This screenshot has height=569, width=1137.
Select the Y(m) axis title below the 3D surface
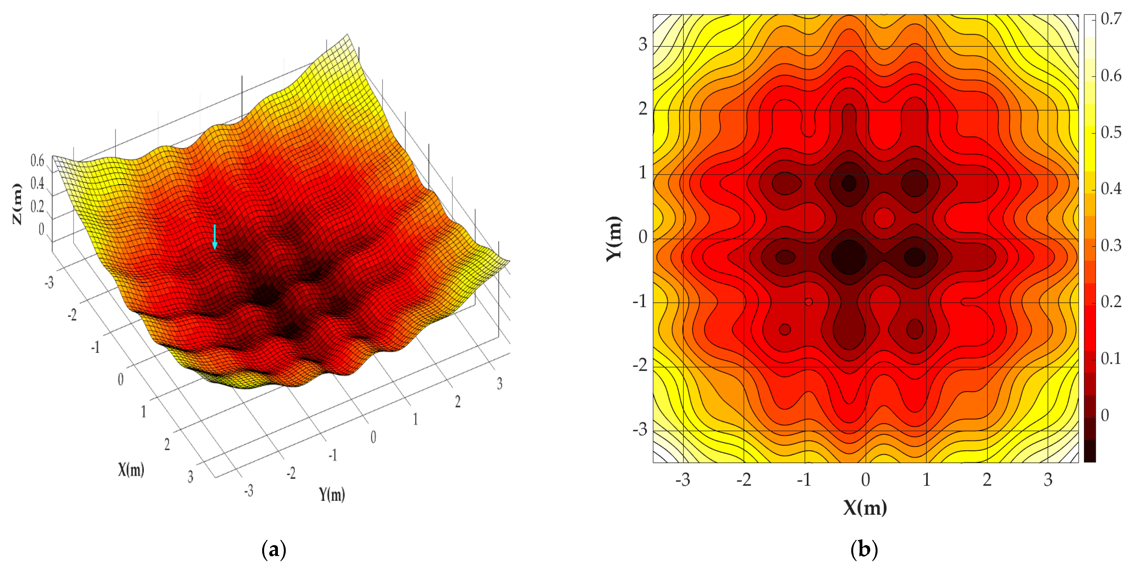pos(332,494)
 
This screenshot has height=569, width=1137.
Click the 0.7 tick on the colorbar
pos(1110,19)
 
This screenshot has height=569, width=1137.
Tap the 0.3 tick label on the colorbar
pos(1110,245)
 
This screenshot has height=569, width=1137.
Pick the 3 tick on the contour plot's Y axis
pos(643,45)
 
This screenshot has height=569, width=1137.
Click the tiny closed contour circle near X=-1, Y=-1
pos(809,302)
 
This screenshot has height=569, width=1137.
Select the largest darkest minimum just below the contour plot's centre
pos(848,257)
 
